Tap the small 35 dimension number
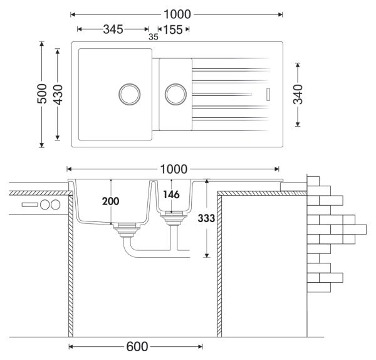point(154,37)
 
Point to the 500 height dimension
point(42,94)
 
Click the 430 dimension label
point(58,94)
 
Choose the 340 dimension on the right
point(298,94)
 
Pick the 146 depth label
point(171,195)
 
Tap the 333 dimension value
point(206,218)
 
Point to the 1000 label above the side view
point(174,169)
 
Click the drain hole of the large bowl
point(130,94)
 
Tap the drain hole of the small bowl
point(175,94)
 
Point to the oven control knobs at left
point(50,204)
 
